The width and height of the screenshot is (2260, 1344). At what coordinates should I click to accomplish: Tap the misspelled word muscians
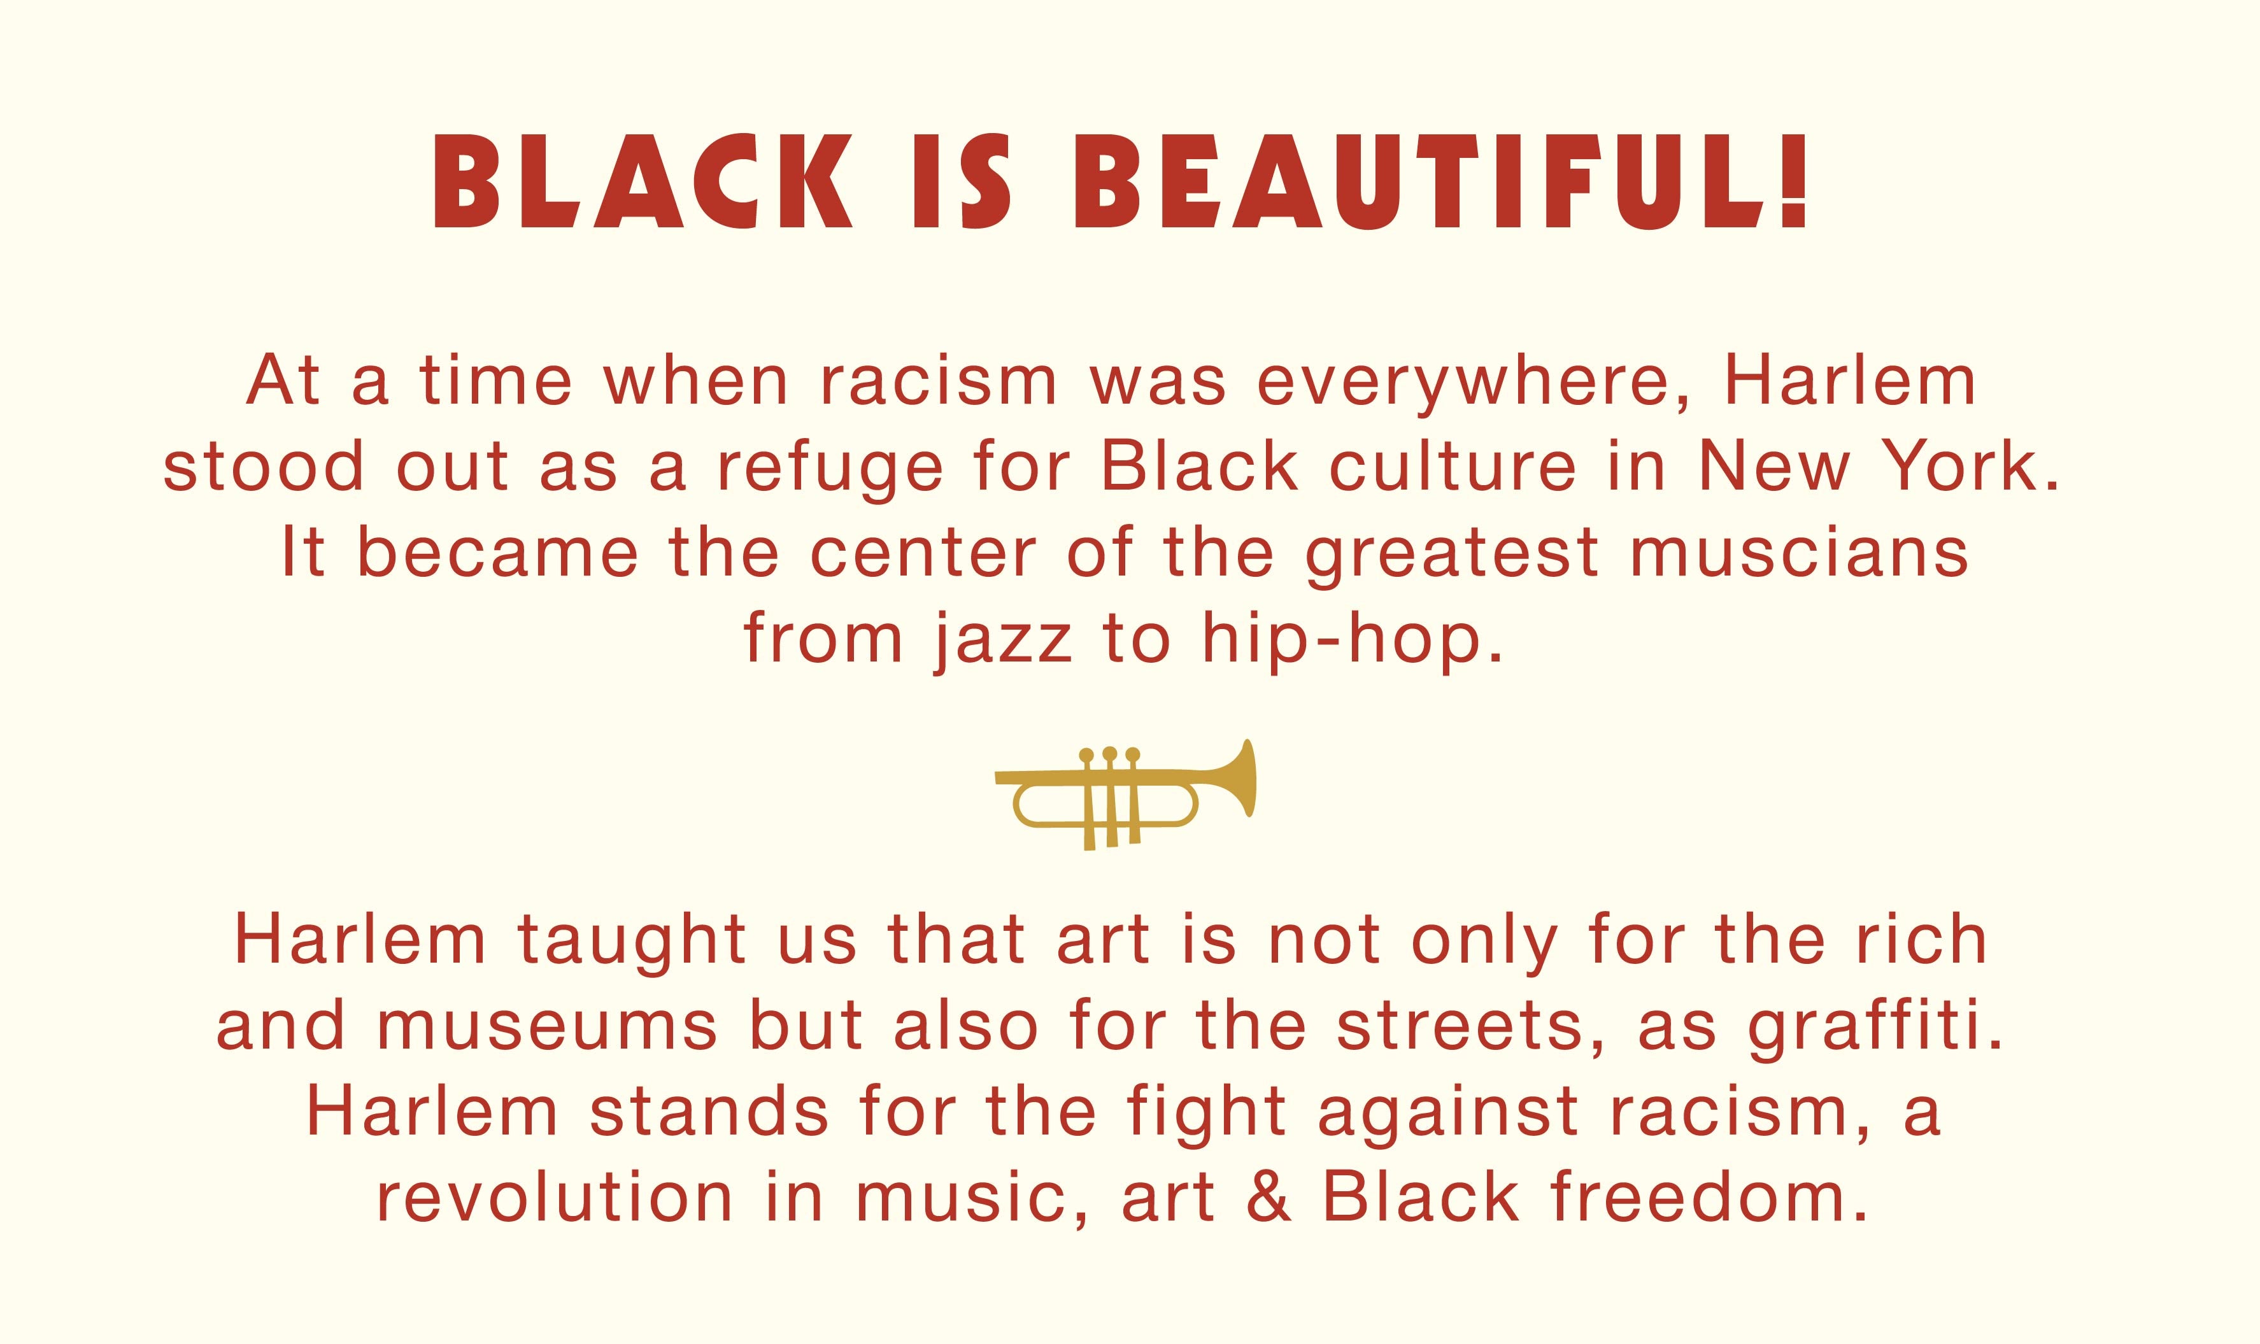point(1800,553)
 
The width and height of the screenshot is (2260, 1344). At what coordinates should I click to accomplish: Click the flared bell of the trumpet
point(1237,779)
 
